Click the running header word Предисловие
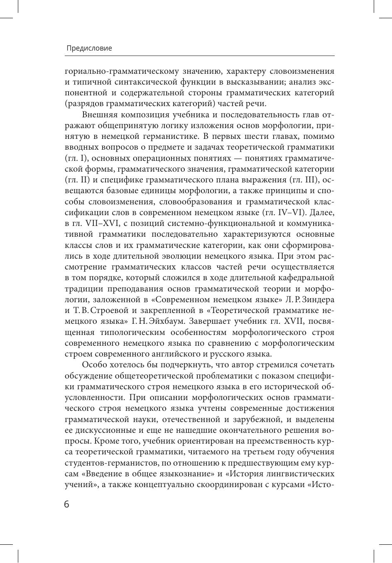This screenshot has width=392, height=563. click(89, 48)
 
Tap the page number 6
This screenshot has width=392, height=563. click(67, 504)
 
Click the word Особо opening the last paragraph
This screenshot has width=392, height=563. click(94, 365)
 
